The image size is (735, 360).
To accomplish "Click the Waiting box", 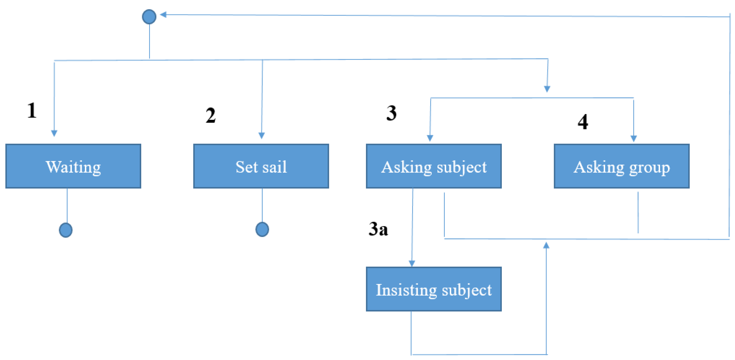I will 73,166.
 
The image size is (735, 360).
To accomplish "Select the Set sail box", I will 261,166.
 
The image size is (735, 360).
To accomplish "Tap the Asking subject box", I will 434,166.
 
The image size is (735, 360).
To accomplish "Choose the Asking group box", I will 621,166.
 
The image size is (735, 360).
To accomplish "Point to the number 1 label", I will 32,111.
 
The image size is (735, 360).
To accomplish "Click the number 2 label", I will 211,116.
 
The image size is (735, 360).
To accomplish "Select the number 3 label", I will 391,113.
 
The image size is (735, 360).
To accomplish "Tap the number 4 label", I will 583,122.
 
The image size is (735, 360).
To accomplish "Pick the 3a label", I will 378,229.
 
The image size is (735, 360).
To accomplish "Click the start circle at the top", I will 149,17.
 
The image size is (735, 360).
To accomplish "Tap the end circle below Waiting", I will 66,230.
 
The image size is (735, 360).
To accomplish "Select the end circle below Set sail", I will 262,229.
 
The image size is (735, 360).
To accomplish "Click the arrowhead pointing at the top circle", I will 163,14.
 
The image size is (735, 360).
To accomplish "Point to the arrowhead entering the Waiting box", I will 54,133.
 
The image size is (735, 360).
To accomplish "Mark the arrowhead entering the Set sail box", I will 262,135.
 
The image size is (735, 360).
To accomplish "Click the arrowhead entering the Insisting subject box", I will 412,263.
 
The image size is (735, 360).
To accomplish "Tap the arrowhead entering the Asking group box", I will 634,138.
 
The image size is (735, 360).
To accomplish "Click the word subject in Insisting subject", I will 467,290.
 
